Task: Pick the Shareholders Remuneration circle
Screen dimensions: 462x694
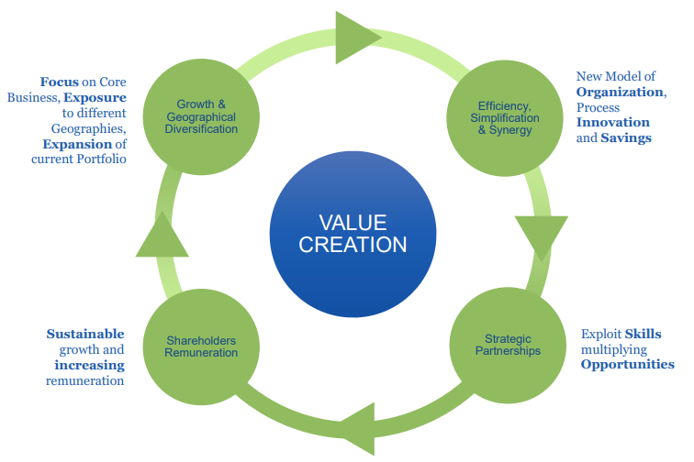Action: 202,346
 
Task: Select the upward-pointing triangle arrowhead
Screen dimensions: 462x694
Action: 162,236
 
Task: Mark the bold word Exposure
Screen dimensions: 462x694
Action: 95,97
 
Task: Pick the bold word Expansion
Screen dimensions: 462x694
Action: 73,144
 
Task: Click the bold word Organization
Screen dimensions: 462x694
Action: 620,92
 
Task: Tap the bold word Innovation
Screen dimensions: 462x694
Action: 612,123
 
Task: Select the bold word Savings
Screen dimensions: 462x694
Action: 626,138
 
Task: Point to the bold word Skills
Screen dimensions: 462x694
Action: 642,334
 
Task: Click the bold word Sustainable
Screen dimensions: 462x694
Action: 85,334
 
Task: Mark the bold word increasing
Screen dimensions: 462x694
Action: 89,365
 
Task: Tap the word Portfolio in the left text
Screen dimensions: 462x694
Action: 98,159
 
